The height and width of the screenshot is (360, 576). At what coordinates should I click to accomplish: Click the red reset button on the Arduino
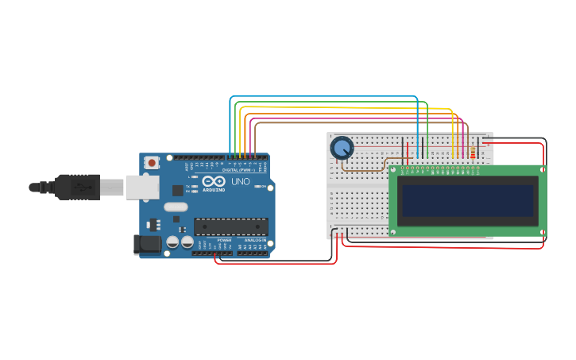pyautogui.click(x=152, y=162)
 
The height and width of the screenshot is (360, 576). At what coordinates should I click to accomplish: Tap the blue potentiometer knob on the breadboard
pyautogui.click(x=342, y=147)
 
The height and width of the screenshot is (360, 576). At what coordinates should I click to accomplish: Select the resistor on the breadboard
pyautogui.click(x=473, y=152)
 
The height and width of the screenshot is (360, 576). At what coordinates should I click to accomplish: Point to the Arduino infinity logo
pyautogui.click(x=213, y=182)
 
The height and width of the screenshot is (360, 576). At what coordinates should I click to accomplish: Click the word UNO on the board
pyautogui.click(x=241, y=182)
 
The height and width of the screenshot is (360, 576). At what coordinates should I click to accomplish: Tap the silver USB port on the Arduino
pyautogui.click(x=142, y=188)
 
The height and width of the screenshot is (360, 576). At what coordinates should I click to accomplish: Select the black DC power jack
pyautogui.click(x=147, y=244)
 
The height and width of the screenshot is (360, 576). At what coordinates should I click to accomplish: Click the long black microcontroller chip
pyautogui.click(x=230, y=226)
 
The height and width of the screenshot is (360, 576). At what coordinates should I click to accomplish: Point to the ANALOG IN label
pyautogui.click(x=254, y=239)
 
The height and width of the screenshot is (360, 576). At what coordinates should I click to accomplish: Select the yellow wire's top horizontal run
pyautogui.click(x=342, y=107)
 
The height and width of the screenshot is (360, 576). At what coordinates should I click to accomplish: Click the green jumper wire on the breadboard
pyautogui.click(x=427, y=131)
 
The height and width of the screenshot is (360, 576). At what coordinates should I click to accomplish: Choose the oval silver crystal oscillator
pyautogui.click(x=176, y=207)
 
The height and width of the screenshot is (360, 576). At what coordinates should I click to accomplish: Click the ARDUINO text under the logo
pyautogui.click(x=213, y=190)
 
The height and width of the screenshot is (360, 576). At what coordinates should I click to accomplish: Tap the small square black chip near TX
pyautogui.click(x=177, y=191)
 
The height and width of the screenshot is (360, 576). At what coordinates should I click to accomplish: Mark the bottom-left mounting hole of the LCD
pyautogui.click(x=392, y=231)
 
